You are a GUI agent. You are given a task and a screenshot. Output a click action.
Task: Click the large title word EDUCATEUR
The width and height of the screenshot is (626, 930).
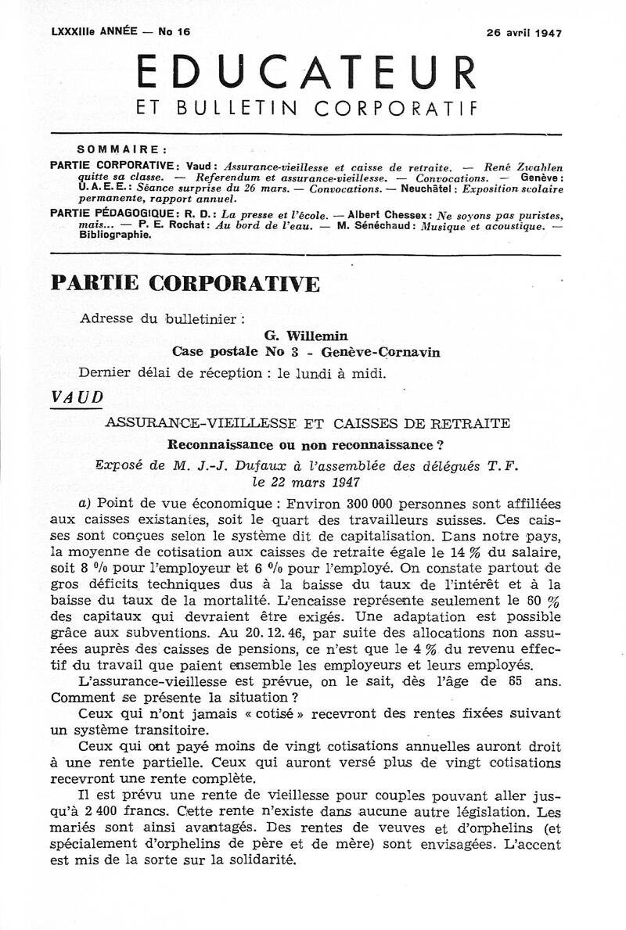[x=306, y=74]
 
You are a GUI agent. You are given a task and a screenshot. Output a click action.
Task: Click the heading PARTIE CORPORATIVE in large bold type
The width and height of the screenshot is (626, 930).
[x=185, y=282]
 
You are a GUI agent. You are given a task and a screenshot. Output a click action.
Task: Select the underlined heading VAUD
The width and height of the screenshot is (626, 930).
[x=76, y=397]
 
